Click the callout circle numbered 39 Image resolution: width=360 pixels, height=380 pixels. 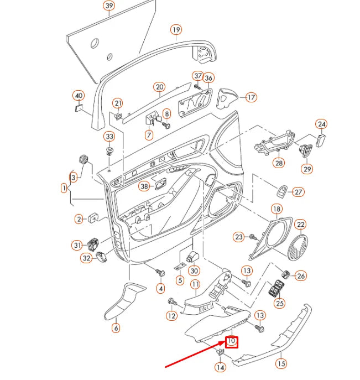pos(109,6)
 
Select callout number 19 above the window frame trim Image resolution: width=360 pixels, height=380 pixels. pos(176,29)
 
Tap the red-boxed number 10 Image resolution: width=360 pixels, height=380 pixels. pos(232,342)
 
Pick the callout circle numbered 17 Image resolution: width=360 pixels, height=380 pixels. pos(251,97)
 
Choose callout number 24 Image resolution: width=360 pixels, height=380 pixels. pos(321,124)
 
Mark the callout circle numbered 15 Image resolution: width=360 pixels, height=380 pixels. pos(281,363)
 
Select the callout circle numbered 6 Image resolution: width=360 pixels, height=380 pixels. pos(116,328)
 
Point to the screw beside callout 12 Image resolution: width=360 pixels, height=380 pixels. pos(171,301)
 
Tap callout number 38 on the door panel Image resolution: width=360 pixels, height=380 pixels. pos(144,186)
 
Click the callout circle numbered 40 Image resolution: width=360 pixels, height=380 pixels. pos(79,95)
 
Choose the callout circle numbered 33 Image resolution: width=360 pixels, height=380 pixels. pos(109,137)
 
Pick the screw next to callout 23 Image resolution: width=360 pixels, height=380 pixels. pos(253,237)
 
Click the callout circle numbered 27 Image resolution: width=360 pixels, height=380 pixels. pos(298,192)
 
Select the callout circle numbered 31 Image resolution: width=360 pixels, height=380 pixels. pos(77,245)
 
